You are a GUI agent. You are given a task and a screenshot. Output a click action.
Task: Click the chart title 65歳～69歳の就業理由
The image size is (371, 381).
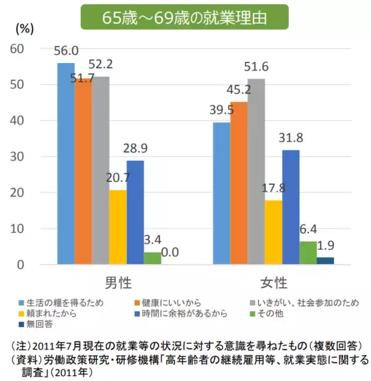(x=185, y=17)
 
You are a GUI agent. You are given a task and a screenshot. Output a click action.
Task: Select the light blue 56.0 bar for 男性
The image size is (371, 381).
(x=66, y=164)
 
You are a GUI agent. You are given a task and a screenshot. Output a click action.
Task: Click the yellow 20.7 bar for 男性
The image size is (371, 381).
(x=117, y=228)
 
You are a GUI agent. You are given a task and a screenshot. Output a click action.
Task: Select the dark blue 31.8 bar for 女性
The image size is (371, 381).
(x=291, y=207)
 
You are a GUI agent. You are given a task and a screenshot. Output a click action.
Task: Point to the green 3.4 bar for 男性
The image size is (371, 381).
(x=152, y=259)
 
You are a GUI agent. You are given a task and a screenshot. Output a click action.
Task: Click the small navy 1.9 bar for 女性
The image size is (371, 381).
(x=325, y=261)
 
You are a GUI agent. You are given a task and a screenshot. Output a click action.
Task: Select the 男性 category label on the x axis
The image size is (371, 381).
(x=117, y=283)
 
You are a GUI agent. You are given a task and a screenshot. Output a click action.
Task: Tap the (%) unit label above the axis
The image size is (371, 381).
(x=23, y=28)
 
